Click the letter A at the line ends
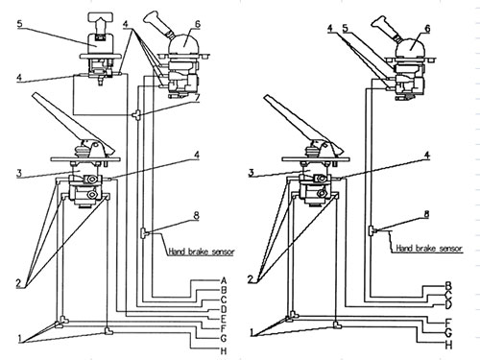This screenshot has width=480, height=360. coord(224,281)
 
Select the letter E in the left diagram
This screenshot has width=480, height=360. coord(224,319)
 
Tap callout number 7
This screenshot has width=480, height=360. coord(197,97)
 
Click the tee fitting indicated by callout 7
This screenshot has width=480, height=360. coord(136,114)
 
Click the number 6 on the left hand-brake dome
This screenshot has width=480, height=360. coord(197,24)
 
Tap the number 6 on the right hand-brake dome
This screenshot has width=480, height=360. coord(427,29)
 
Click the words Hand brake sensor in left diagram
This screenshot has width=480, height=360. coord(202,252)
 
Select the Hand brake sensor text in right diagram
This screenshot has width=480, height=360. coord(429,248)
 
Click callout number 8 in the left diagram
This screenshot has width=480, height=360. coord(196,215)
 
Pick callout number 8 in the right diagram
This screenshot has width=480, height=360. coord(426,214)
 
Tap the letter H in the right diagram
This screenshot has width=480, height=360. coord(448,345)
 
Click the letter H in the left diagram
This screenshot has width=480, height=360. coord(224,350)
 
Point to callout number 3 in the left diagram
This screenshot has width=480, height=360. coord(19,173)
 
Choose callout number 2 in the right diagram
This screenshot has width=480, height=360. coord(251,279)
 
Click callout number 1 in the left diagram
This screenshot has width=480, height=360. coord(20,338)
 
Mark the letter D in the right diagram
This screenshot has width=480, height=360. coord(448,304)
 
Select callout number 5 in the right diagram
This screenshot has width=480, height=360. coord(345,29)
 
